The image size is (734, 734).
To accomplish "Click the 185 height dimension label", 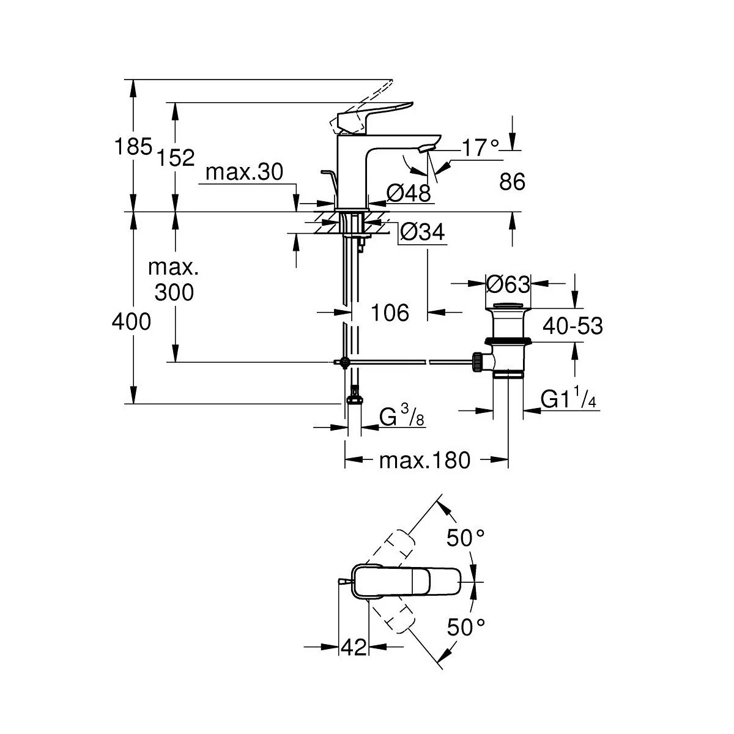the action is click(x=133, y=146).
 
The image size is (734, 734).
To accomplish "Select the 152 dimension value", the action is click(x=176, y=157).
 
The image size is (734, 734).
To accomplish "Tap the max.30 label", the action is click(x=244, y=172).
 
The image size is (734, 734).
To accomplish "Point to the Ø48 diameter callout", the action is click(x=409, y=193).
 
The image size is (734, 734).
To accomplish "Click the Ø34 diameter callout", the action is click(x=423, y=232).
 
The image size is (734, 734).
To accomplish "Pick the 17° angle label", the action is click(x=481, y=147).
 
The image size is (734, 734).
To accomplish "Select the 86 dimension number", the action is click(x=513, y=181).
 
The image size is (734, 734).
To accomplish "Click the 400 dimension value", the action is click(x=132, y=322).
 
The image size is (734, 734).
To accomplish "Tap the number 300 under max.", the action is click(x=174, y=292).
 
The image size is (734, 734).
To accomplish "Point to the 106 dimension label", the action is click(x=390, y=313).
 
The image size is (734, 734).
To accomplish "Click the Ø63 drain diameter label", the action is click(x=508, y=284).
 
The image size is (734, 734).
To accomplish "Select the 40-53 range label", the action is click(x=573, y=326).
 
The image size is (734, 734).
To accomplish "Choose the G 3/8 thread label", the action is click(x=402, y=416).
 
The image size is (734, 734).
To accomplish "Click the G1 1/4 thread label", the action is click(x=568, y=398).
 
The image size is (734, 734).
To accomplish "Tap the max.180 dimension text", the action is click(x=424, y=461).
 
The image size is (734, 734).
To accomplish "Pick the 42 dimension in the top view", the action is click(x=354, y=647).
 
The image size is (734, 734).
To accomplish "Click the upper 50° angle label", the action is click(x=465, y=538).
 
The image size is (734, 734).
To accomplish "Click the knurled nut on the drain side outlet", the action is click(x=476, y=362).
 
